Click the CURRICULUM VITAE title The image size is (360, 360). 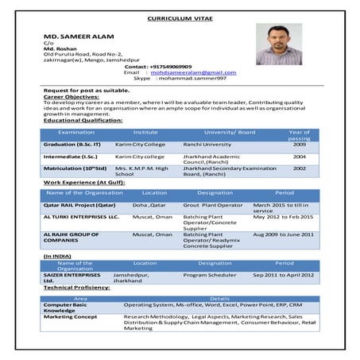180,17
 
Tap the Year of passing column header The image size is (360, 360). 299,134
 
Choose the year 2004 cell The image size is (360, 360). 299,157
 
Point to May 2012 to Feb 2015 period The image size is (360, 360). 283,216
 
